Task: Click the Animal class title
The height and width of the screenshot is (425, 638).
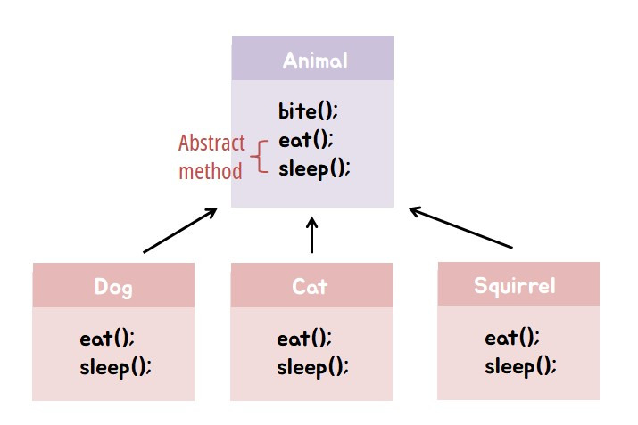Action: [x=314, y=61]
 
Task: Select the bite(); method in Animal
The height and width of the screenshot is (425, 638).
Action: [x=309, y=112]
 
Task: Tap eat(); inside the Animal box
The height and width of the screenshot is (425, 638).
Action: [x=306, y=140]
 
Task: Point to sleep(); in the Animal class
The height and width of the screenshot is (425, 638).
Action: [x=314, y=168]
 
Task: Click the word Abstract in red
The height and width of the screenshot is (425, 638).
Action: [x=211, y=143]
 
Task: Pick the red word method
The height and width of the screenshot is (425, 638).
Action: [x=210, y=170]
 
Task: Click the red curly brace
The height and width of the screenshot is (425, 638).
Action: [x=259, y=155]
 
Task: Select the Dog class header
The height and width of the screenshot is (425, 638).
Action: [x=113, y=287]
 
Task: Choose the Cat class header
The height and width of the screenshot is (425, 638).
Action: [x=310, y=287]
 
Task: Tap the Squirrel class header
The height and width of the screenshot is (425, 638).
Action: [x=515, y=286]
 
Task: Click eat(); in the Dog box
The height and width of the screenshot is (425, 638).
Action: [x=107, y=339]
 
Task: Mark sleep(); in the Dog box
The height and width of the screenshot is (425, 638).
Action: [x=115, y=366]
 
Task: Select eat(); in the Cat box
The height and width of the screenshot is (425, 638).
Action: [x=304, y=339]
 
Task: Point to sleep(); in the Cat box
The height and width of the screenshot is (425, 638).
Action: [x=312, y=366]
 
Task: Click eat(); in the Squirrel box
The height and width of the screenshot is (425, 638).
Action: [x=512, y=338]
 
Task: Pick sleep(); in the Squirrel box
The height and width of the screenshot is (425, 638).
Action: [x=520, y=365]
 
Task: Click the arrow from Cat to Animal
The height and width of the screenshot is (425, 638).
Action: [x=311, y=236]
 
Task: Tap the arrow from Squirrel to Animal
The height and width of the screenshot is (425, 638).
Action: [x=461, y=228]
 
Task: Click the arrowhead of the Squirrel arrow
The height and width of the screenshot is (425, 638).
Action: [x=414, y=211]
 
